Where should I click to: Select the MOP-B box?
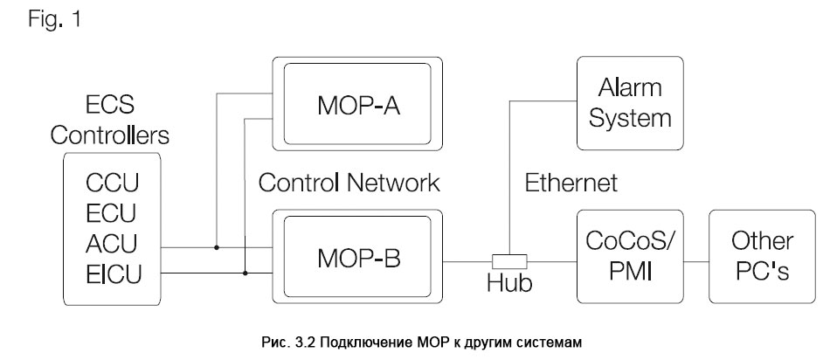point(359,259)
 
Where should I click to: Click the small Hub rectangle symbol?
point(510,260)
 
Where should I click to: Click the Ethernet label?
point(571,183)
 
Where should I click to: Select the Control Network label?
point(349,183)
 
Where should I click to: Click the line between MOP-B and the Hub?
point(468,260)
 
